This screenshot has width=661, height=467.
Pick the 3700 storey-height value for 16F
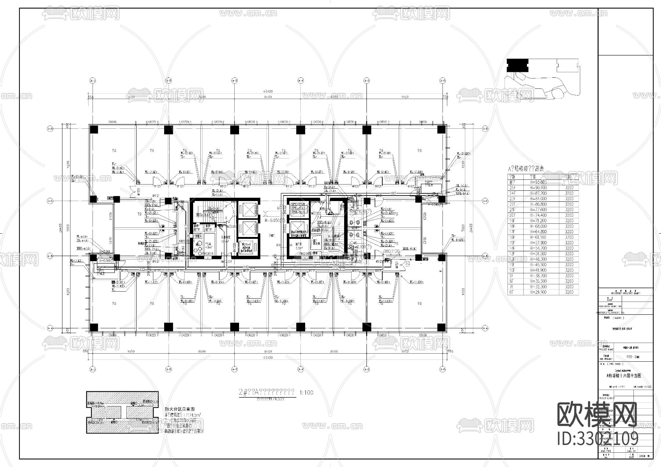point(569,237)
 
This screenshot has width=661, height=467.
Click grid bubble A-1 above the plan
point(92,80)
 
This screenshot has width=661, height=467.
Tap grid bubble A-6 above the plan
point(443,80)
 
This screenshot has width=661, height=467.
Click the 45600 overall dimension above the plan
point(267,91)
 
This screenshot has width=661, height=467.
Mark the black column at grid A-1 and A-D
point(94,129)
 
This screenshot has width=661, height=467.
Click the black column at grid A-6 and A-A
point(441,327)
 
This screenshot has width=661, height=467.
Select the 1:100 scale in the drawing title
point(307,393)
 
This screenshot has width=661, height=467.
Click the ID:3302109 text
point(598,438)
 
